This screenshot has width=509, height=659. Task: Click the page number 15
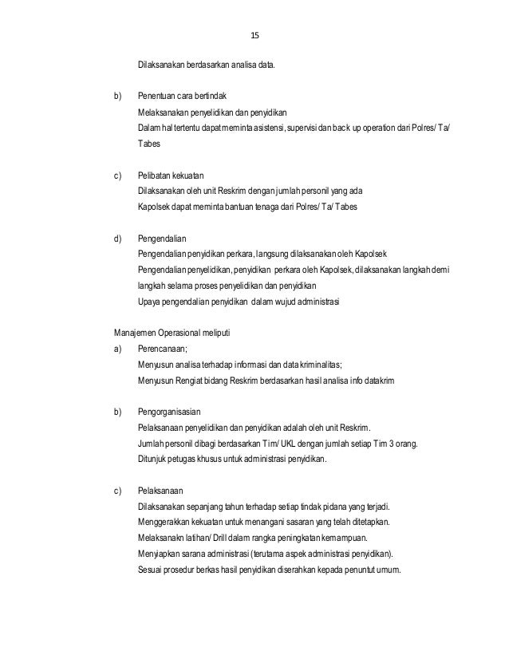255,36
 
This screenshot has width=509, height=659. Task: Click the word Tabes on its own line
148,145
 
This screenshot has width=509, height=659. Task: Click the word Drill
211,539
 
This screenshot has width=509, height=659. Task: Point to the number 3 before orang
388,444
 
